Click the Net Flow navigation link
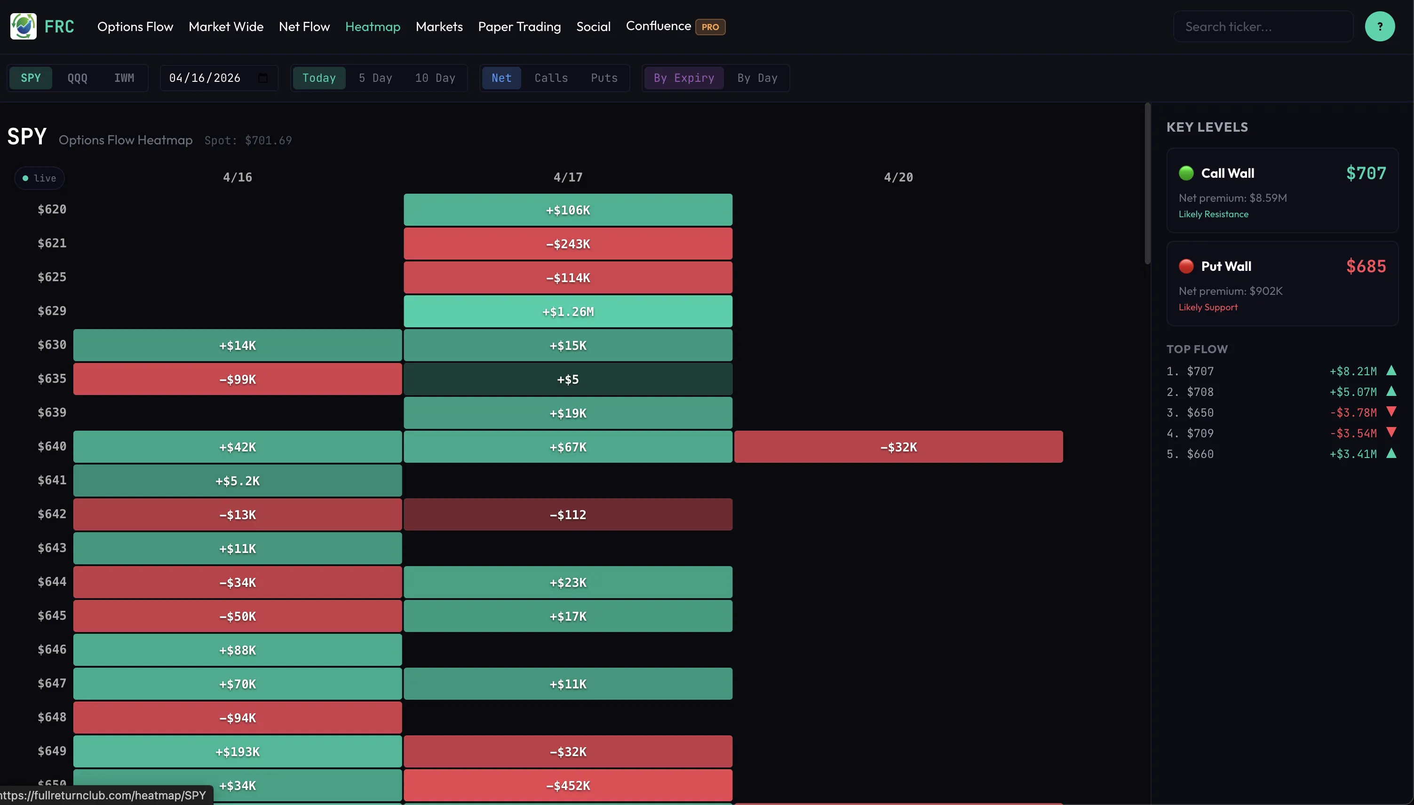coord(304,26)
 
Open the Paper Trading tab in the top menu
coord(519,26)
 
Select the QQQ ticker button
coord(78,78)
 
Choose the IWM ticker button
coord(124,78)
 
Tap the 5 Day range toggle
coord(375,78)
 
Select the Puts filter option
coord(604,78)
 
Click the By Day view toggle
coord(757,78)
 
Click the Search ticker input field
coord(1263,26)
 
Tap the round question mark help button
coord(1379,26)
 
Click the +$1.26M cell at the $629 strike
coord(568,311)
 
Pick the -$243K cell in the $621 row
coord(568,244)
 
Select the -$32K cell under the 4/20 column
coord(898,447)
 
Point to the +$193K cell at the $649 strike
coord(237,751)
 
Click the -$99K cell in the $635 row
coord(237,379)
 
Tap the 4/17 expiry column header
coord(568,177)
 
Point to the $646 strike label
coord(52,650)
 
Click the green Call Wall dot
coord(1185,173)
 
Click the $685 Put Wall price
coord(1366,267)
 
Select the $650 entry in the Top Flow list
coord(1200,412)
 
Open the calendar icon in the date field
coord(263,78)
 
